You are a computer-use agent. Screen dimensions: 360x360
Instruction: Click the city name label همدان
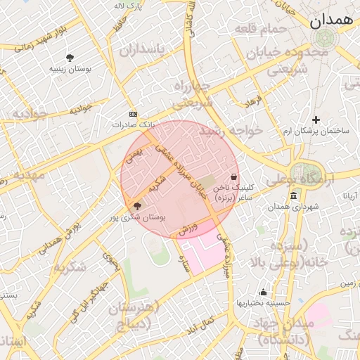point(333,20)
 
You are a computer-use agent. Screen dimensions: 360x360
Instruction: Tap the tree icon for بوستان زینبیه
point(70,57)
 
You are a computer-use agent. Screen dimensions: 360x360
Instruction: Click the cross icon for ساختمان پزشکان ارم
point(316,120)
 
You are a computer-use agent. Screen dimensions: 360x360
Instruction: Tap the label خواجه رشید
point(230,131)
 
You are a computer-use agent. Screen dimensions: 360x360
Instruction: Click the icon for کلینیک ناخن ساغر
point(233,176)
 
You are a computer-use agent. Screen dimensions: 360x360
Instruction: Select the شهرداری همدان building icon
point(292,195)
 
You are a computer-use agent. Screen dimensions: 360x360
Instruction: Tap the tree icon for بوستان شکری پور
point(136,206)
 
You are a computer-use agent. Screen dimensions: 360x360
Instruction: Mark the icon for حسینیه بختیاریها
point(263,292)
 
